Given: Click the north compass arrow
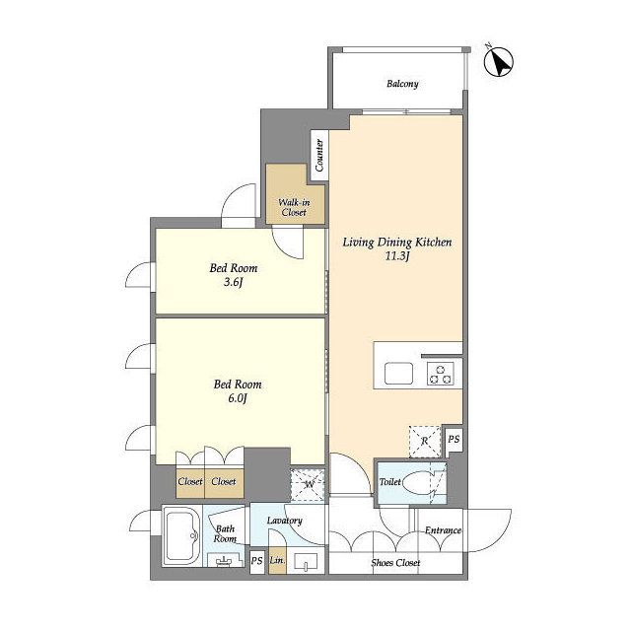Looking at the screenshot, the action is [500, 62].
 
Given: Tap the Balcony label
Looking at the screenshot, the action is [402, 84].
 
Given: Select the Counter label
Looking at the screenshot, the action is [319, 156].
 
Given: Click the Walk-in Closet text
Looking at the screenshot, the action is [294, 207].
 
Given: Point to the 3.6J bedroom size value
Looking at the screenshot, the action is [234, 282].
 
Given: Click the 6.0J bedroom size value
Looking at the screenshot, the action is [238, 398].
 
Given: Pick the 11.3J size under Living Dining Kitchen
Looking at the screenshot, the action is [397, 256].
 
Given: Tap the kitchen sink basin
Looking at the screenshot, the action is [398, 374].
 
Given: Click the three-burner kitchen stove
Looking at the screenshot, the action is [441, 374].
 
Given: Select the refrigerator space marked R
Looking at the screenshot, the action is [425, 442].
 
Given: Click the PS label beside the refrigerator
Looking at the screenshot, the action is [454, 439].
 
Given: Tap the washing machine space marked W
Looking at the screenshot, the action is [308, 485].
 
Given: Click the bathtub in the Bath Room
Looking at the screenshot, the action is [182, 536].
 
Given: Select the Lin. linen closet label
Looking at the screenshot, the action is [277, 560].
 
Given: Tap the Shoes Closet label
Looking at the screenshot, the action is [395, 563].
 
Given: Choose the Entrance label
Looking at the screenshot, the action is [443, 530].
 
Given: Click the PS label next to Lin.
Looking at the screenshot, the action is [256, 560].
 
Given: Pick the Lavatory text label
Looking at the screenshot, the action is [285, 521].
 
